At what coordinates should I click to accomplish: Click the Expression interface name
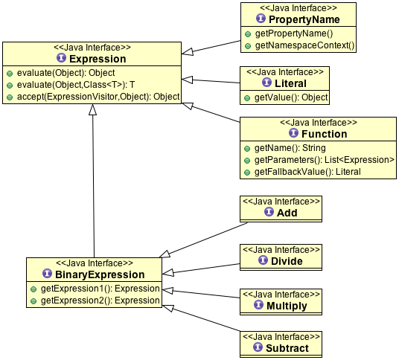(x=98, y=59)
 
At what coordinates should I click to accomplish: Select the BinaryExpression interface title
(x=100, y=274)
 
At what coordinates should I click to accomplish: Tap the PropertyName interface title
(x=304, y=19)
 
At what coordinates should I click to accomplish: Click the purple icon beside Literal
(x=266, y=83)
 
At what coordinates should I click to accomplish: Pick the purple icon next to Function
(x=293, y=132)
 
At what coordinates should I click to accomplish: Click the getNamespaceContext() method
(x=304, y=45)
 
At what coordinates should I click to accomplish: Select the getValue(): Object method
(x=291, y=97)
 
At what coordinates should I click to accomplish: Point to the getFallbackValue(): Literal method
(x=307, y=172)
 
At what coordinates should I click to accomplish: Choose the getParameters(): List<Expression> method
(x=325, y=160)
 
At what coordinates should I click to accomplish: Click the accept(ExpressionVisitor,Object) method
(x=98, y=97)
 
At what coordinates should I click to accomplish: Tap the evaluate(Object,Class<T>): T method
(x=76, y=85)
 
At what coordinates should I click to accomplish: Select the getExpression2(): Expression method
(x=100, y=300)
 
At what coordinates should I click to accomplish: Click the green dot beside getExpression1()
(x=33, y=289)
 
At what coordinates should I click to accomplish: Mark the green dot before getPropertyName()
(x=248, y=34)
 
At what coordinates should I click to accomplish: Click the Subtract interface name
(x=287, y=348)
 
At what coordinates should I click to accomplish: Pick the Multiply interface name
(x=287, y=306)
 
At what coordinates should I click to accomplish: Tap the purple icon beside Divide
(x=263, y=260)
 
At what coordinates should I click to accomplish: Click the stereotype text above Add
(x=281, y=202)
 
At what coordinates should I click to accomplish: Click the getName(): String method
(x=290, y=148)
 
